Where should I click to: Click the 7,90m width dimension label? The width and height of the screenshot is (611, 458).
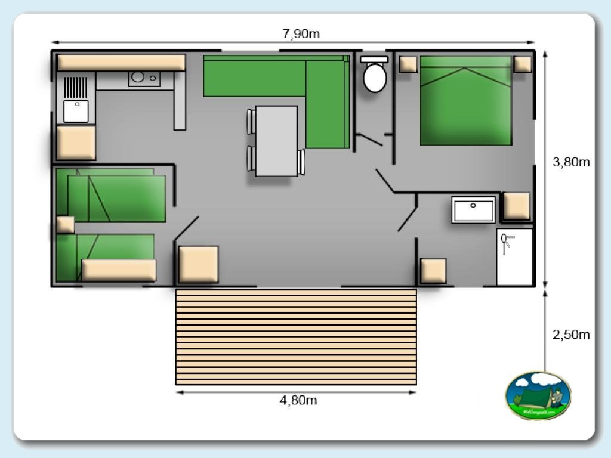click(x=301, y=34)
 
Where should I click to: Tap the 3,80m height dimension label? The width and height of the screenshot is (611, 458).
click(x=571, y=162)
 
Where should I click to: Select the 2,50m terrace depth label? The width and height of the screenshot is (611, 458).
click(x=571, y=335)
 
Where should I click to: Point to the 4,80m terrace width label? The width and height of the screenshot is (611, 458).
click(x=298, y=400)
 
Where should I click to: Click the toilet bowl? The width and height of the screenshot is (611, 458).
click(x=375, y=77)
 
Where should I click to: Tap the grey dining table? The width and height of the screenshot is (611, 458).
click(x=276, y=141)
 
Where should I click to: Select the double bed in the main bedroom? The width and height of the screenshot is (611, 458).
click(x=466, y=101)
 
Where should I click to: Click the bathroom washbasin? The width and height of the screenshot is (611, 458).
click(x=473, y=209)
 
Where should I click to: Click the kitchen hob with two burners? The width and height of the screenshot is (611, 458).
click(x=144, y=78)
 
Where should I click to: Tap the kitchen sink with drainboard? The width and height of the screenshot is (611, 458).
click(x=76, y=100)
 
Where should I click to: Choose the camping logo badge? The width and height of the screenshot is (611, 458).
click(x=538, y=395)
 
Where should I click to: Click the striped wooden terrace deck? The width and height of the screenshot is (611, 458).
click(x=295, y=336)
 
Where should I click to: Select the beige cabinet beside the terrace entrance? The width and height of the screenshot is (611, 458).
click(x=198, y=264)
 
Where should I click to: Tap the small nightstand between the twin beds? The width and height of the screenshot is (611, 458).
click(x=65, y=225)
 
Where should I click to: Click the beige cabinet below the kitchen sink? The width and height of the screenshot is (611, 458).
click(x=76, y=143)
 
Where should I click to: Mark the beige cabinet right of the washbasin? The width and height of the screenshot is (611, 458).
click(x=516, y=206)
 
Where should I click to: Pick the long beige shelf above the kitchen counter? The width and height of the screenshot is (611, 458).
click(x=121, y=63)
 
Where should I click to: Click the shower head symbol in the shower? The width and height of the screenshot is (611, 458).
click(x=506, y=240)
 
